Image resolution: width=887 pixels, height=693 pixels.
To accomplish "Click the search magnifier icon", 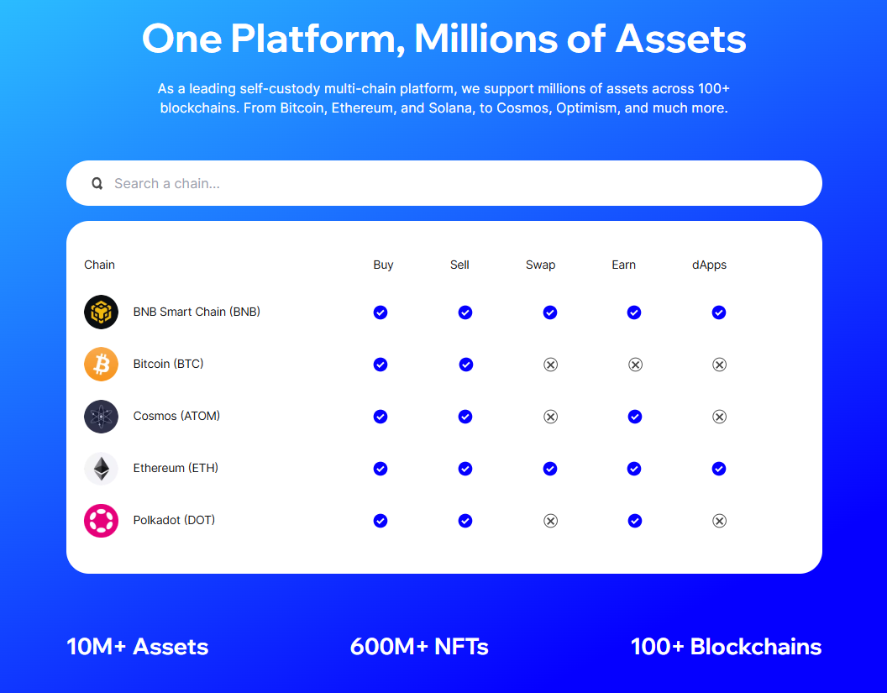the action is pyautogui.click(x=97, y=183).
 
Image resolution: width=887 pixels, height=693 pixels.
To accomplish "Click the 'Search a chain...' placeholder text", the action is pyautogui.click(x=167, y=183).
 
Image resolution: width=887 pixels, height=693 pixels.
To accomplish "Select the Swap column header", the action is pyautogui.click(x=540, y=265).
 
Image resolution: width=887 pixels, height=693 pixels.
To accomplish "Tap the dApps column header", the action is pyautogui.click(x=709, y=265).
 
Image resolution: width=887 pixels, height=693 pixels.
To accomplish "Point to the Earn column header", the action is pyautogui.click(x=623, y=265).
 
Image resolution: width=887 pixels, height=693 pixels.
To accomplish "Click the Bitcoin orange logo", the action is pyautogui.click(x=102, y=365).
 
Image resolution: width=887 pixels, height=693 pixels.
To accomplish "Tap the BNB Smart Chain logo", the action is pyautogui.click(x=102, y=312).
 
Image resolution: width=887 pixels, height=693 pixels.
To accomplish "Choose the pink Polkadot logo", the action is pyautogui.click(x=102, y=521).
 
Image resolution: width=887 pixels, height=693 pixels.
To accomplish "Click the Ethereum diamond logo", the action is pyautogui.click(x=102, y=469).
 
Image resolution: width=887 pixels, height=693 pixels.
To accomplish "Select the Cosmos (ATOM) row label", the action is pyautogui.click(x=176, y=416).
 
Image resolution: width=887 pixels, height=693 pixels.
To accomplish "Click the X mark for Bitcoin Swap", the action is pyautogui.click(x=550, y=365).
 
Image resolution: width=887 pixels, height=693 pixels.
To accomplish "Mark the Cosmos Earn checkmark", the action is pyautogui.click(x=635, y=417).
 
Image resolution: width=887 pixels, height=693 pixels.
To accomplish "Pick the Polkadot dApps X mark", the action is pyautogui.click(x=719, y=521).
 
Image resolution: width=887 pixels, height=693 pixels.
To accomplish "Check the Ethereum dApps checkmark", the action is pyautogui.click(x=719, y=469).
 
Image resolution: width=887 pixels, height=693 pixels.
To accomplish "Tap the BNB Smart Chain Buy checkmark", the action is pyautogui.click(x=381, y=312).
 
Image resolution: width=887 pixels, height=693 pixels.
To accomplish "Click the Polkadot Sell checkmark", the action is pyautogui.click(x=465, y=521).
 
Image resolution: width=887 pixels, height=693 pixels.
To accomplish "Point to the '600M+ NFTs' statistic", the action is pyautogui.click(x=419, y=647).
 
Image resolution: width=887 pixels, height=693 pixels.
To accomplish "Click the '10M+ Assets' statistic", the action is pyautogui.click(x=138, y=647).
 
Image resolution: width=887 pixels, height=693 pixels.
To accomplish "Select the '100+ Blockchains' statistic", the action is pyautogui.click(x=726, y=647).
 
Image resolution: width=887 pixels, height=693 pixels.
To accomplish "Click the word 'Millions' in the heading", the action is pyautogui.click(x=486, y=39).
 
